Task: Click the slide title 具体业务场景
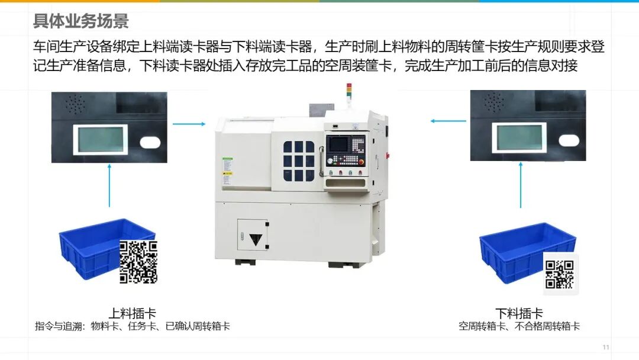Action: tap(80, 21)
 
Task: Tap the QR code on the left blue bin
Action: tap(138, 262)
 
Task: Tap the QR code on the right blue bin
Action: tap(560, 274)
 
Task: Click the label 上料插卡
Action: tap(133, 313)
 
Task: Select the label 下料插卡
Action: tap(519, 313)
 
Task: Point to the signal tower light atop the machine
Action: tap(349, 91)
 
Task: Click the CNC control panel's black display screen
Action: tap(339, 145)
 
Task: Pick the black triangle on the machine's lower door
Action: tap(256, 239)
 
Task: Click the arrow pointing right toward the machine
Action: tap(189, 124)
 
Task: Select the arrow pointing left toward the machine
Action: tap(448, 121)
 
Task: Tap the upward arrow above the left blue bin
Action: tap(109, 185)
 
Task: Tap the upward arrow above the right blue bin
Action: tap(521, 185)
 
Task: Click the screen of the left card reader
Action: tap(101, 139)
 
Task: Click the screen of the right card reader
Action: tap(519, 137)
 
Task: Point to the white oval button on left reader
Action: tap(150, 143)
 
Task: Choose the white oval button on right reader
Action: tap(569, 141)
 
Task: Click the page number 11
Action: tap(606, 348)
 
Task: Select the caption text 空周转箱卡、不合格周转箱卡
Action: tap(519, 326)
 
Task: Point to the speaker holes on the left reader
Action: tap(75, 104)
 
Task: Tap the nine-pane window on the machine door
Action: tap(299, 162)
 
